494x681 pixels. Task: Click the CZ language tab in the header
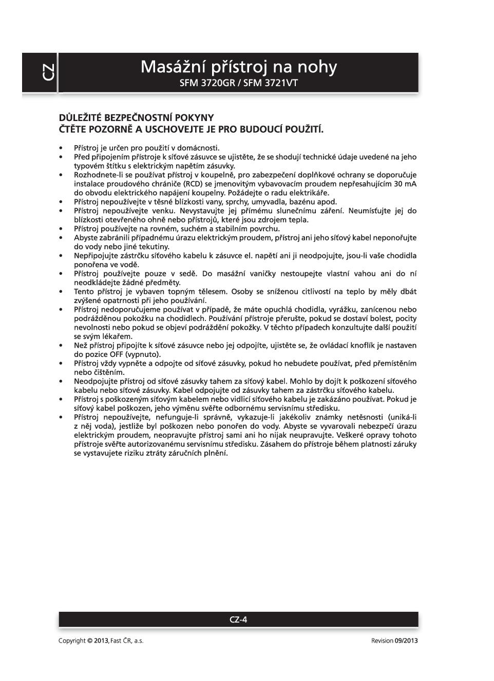(x=47, y=72)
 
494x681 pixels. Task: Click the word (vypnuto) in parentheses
(x=143, y=354)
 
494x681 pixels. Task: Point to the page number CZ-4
(x=238, y=619)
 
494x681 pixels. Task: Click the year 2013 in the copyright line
(x=101, y=640)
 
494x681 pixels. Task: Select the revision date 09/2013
(x=406, y=640)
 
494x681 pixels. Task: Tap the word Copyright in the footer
(x=72, y=640)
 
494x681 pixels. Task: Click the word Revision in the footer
(x=382, y=640)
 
